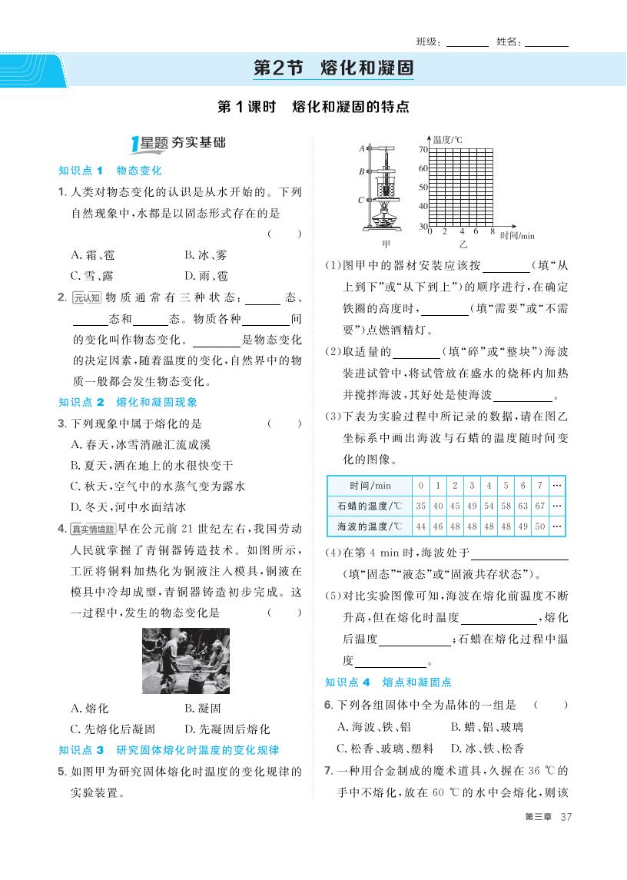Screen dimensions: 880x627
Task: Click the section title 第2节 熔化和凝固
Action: (333, 68)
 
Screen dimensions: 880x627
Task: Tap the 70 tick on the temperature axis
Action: (422, 149)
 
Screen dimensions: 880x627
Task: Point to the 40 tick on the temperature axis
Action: (422, 206)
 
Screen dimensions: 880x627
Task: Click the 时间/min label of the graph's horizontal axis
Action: (516, 235)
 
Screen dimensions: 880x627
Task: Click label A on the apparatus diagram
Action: (361, 148)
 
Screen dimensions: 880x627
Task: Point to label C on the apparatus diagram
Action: (360, 201)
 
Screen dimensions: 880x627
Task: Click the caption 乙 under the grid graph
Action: (463, 244)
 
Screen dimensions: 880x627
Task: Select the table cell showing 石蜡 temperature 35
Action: (420, 506)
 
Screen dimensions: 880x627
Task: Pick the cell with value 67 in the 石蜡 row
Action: (540, 506)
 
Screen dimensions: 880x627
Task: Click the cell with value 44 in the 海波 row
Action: (420, 526)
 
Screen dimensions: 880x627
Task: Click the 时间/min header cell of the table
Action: (370, 486)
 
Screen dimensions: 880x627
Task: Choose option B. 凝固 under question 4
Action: (202, 709)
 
